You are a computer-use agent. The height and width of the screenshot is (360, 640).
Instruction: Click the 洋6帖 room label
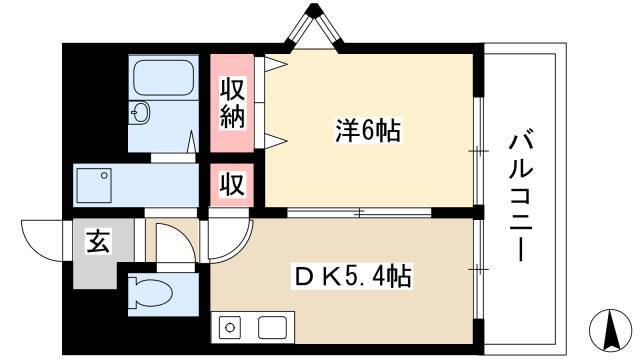point(368,131)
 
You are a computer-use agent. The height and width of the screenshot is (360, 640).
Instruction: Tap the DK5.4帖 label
point(353,276)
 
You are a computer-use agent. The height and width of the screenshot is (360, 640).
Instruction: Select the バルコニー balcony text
point(521,196)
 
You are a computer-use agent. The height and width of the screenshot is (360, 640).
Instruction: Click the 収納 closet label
point(232,103)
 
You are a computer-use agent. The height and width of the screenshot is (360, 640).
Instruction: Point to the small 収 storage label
point(232,184)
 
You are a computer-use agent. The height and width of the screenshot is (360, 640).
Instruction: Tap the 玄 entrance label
point(98,241)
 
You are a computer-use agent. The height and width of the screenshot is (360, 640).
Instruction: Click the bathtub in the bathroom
point(163,78)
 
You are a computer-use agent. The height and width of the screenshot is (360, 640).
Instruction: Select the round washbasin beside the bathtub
point(140,112)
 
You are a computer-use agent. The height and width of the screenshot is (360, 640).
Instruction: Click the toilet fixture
point(150,292)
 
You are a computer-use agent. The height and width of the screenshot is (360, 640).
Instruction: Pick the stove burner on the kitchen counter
point(230,327)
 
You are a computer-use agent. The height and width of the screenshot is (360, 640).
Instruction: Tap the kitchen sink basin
point(272,327)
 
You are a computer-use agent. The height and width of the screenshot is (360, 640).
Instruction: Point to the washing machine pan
point(94,185)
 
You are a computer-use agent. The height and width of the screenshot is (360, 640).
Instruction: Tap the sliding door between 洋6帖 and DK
point(359,212)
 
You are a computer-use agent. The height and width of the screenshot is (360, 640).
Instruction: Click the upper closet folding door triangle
point(276,64)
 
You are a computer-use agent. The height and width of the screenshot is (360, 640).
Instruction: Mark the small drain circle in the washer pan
point(104,176)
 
